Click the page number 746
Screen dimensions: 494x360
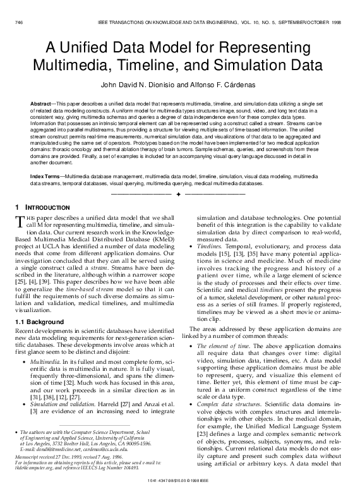18,21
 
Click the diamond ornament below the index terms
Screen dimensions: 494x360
180,191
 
